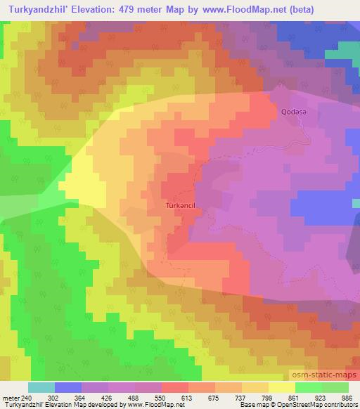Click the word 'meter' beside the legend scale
point(9,398)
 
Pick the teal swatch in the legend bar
point(41,387)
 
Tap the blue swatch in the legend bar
point(68,387)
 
